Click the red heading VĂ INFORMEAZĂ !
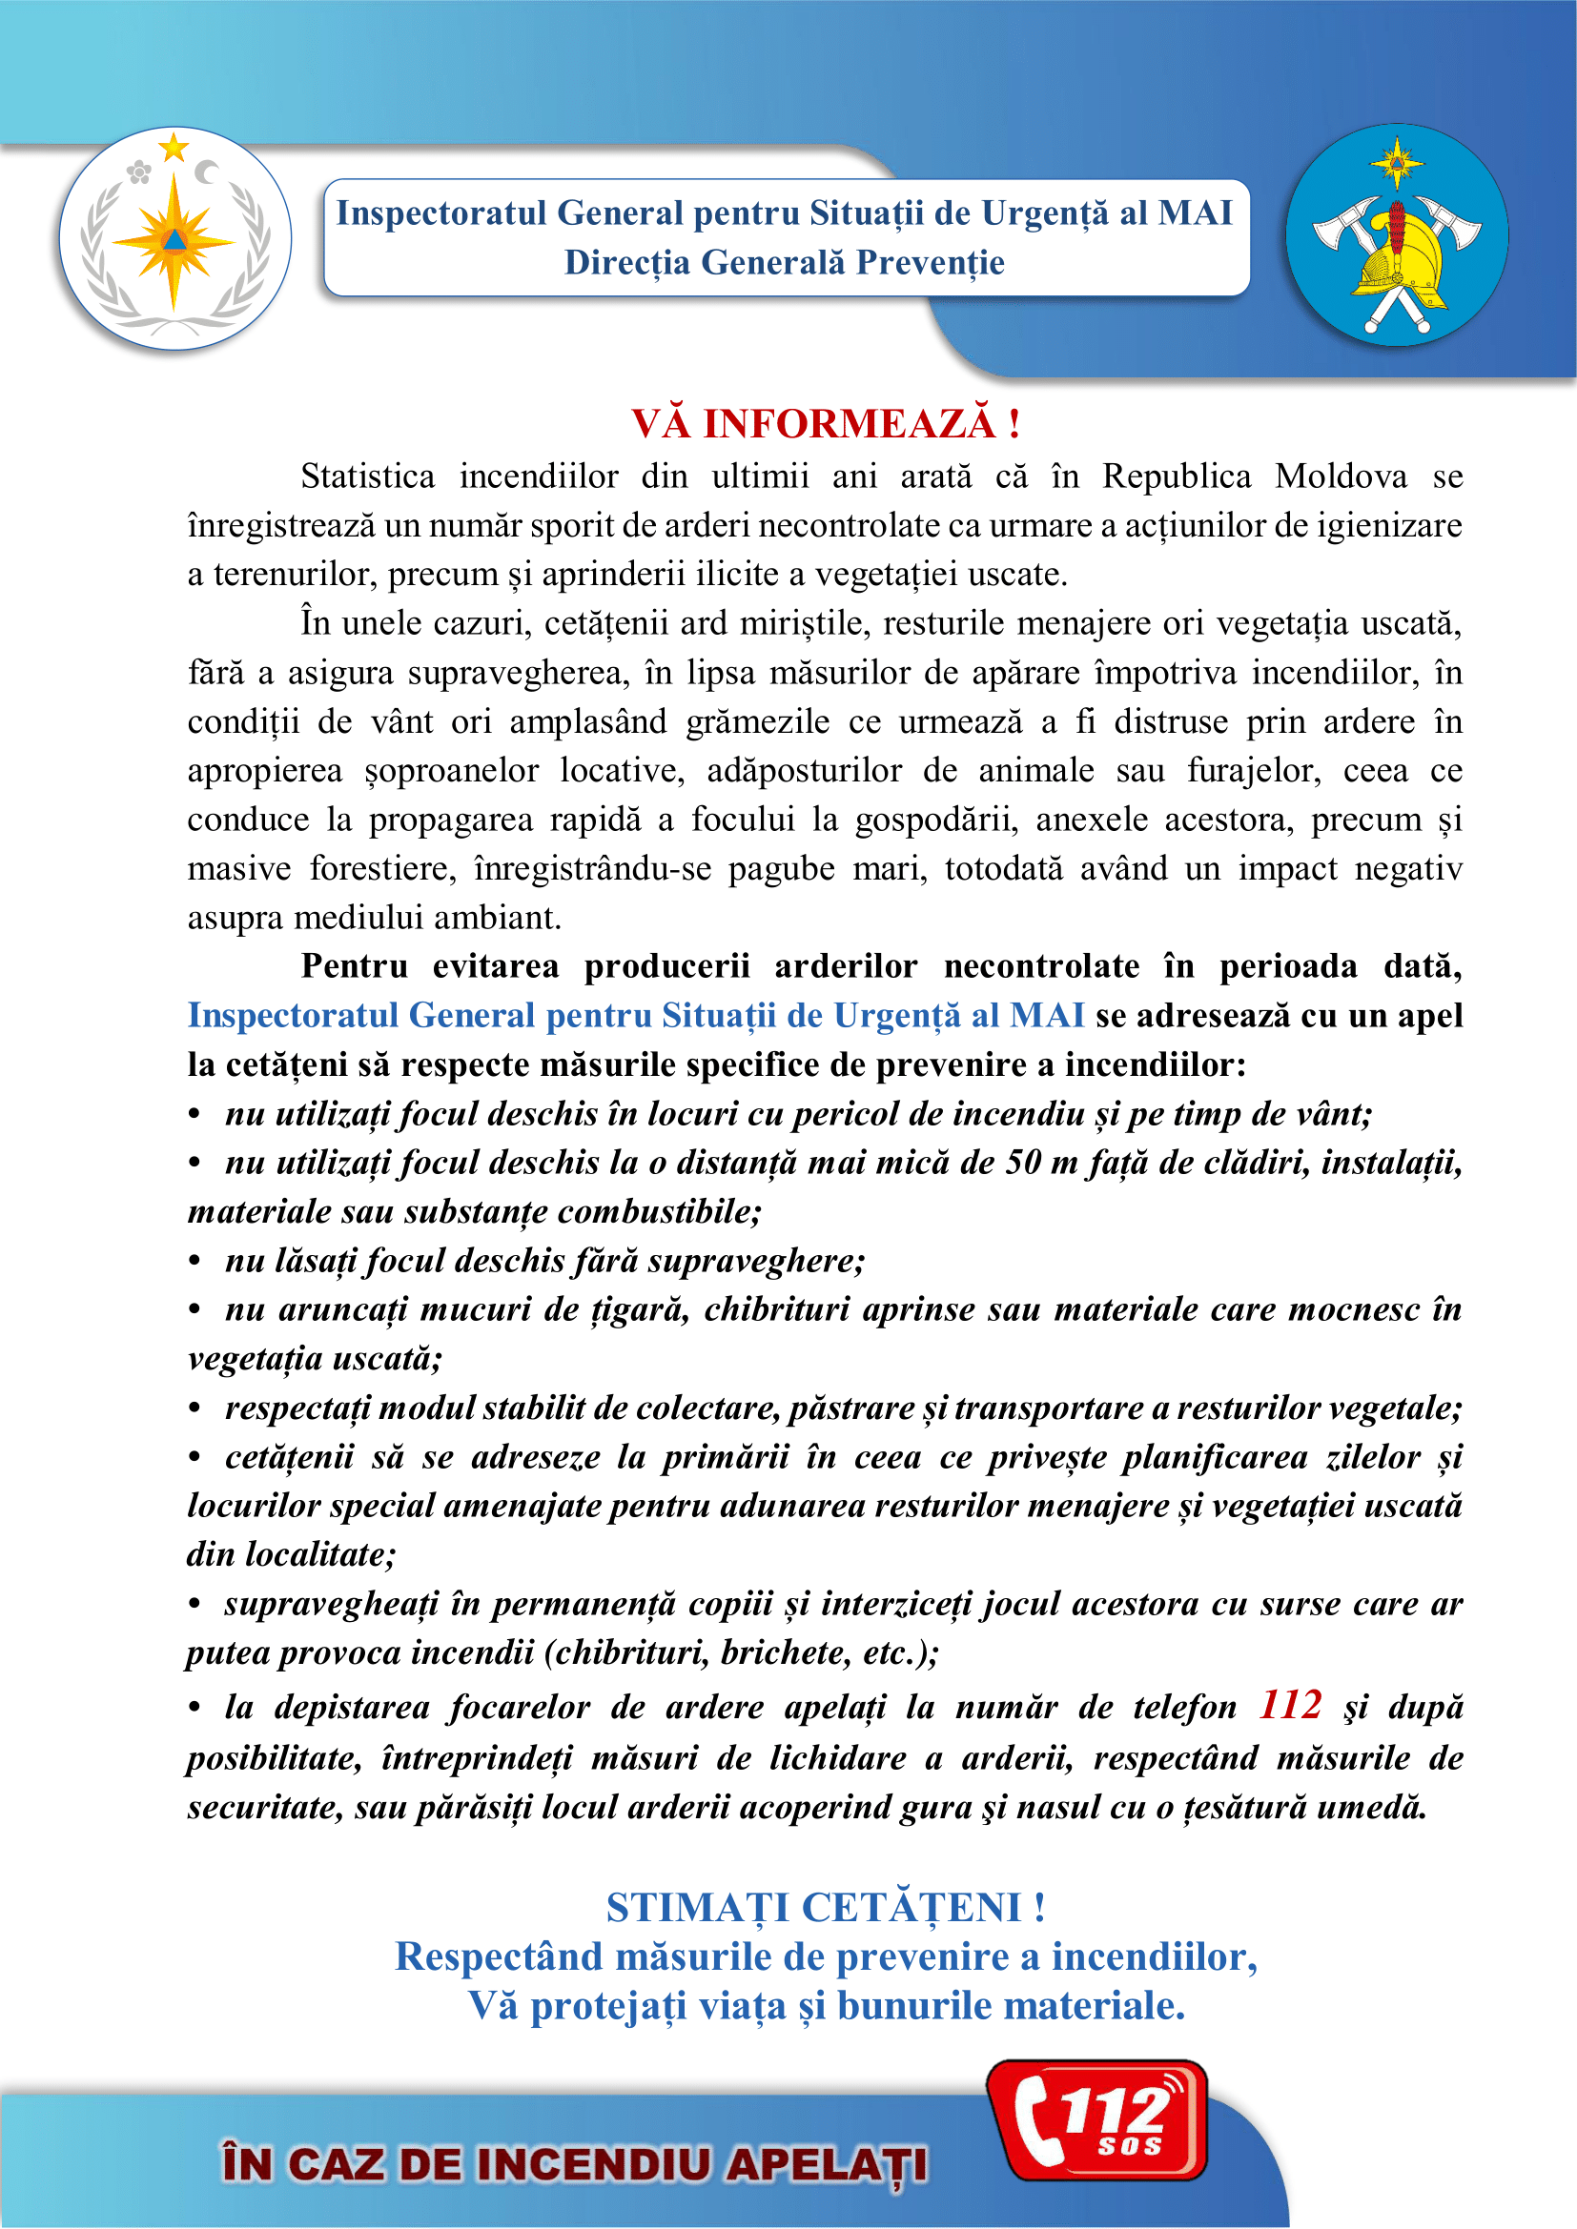click(826, 424)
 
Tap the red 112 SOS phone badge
click(1097, 2121)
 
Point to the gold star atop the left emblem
click(174, 148)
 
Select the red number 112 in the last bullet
click(1291, 1705)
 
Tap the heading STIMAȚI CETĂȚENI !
click(826, 1908)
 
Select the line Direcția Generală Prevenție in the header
click(785, 262)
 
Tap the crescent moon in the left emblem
click(207, 172)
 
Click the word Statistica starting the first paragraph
click(367, 476)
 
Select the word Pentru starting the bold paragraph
click(355, 966)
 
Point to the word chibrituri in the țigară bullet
click(777, 1309)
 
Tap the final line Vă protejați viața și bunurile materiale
click(827, 2006)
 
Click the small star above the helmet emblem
click(1397, 159)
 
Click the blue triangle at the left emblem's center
click(174, 240)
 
